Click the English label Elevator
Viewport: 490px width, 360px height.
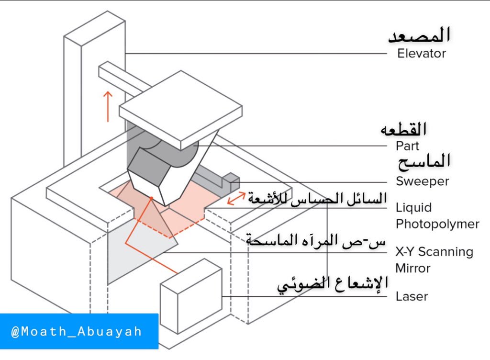click(x=421, y=54)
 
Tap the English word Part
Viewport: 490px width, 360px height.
click(x=407, y=146)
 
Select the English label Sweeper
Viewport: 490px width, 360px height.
click(x=422, y=181)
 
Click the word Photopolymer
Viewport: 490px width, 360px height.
click(x=437, y=224)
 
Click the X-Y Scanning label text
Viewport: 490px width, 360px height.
click(x=434, y=252)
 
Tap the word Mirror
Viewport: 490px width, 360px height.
click(x=413, y=268)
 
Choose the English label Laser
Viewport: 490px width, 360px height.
click(x=412, y=296)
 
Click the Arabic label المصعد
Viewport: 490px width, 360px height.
click(x=419, y=35)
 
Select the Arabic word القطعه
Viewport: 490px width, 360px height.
click(x=403, y=129)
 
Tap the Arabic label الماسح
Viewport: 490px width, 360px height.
click(x=423, y=162)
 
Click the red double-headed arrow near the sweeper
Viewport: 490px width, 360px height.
click(x=237, y=197)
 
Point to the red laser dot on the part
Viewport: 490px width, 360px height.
click(x=151, y=197)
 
